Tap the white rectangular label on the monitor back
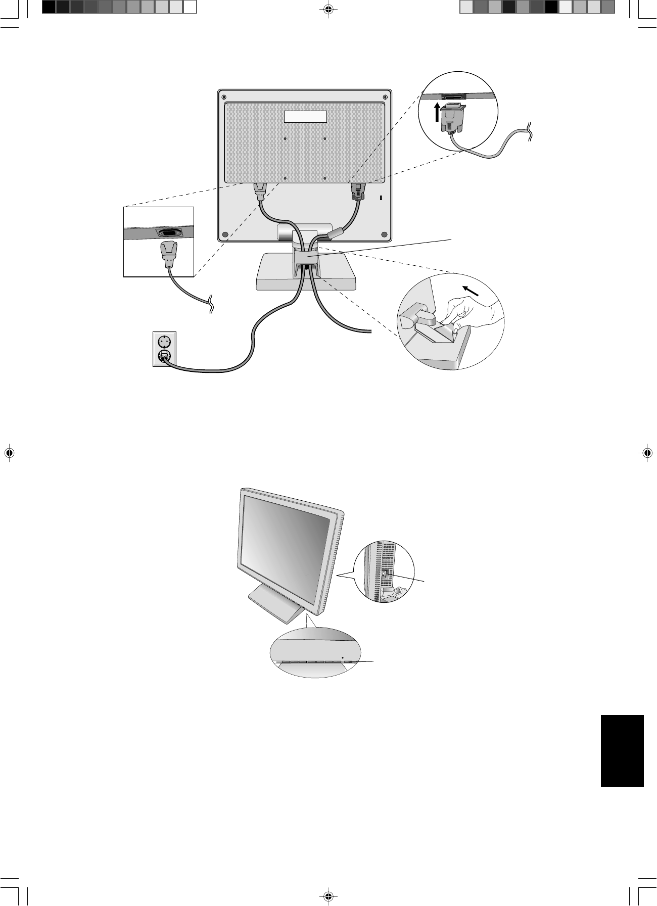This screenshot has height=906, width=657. [x=305, y=117]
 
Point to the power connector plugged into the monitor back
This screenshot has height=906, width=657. [x=260, y=192]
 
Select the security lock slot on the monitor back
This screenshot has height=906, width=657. [x=381, y=199]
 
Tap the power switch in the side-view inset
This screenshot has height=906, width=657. [x=385, y=575]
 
